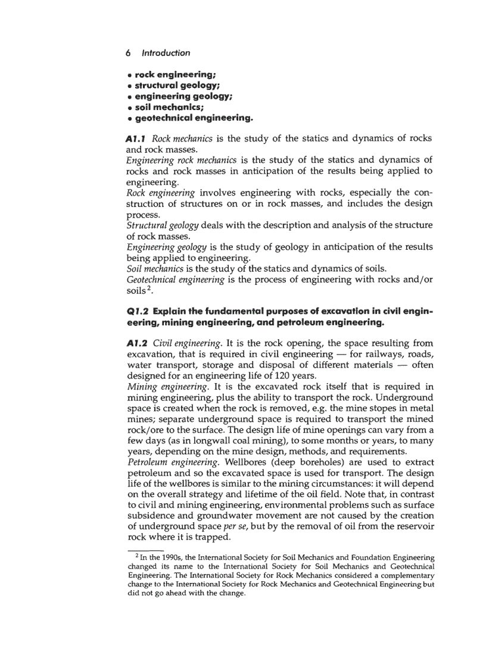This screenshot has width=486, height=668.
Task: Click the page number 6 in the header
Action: pos(129,53)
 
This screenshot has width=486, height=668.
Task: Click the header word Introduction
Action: pos(166,53)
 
